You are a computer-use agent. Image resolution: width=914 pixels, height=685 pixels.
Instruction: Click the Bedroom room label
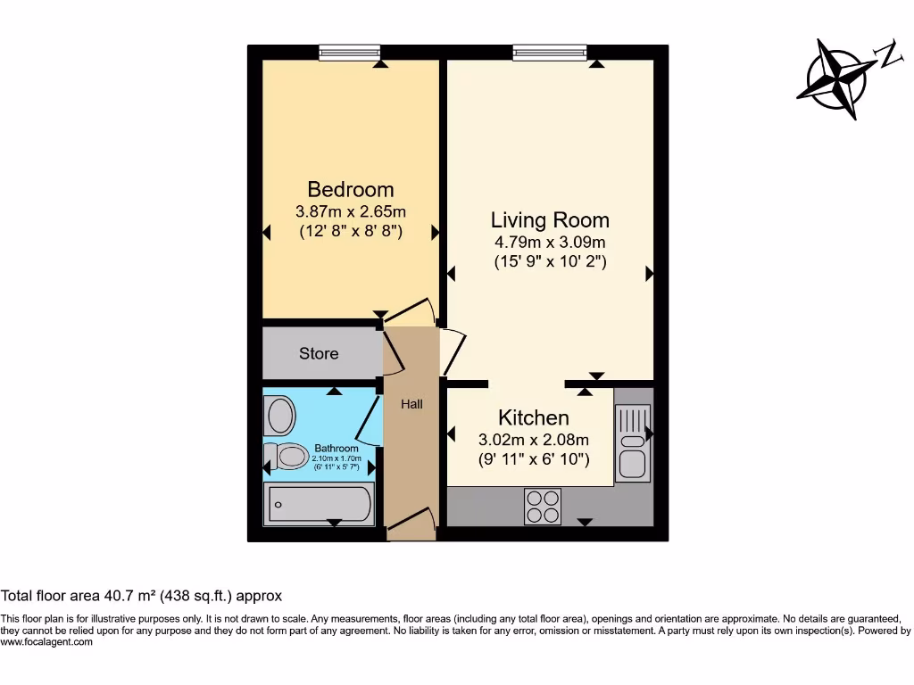coord(351,189)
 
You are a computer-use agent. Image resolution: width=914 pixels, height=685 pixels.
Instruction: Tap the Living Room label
coord(550,219)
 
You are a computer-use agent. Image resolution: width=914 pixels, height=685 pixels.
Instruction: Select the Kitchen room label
coord(533,417)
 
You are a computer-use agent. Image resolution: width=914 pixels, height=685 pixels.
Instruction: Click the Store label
coord(319,353)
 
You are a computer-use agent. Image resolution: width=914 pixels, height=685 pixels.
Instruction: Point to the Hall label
coord(411,404)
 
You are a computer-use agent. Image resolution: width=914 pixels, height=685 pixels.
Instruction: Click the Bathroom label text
coord(337,448)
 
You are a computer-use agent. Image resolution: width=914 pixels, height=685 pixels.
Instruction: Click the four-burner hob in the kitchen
coord(543,507)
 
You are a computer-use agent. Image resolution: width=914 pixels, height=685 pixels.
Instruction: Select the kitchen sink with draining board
coord(633,442)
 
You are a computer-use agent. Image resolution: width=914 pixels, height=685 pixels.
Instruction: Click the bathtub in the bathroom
coord(319,504)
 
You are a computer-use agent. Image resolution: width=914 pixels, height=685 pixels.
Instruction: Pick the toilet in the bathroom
coord(287,457)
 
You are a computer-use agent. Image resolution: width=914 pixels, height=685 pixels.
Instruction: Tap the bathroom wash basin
coord(280,416)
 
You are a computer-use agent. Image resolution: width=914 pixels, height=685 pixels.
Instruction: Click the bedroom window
coord(350,53)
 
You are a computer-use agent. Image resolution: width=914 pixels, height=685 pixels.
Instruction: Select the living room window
coord(550,53)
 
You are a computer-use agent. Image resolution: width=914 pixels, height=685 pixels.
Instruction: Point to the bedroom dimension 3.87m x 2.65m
coord(351,212)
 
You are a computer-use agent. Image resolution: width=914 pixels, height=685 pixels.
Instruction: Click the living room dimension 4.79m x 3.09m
coord(550,243)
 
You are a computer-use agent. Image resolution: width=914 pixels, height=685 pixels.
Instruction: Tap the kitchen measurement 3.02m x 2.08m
coord(534,440)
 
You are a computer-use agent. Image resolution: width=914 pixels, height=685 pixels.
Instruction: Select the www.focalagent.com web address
coord(46,642)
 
